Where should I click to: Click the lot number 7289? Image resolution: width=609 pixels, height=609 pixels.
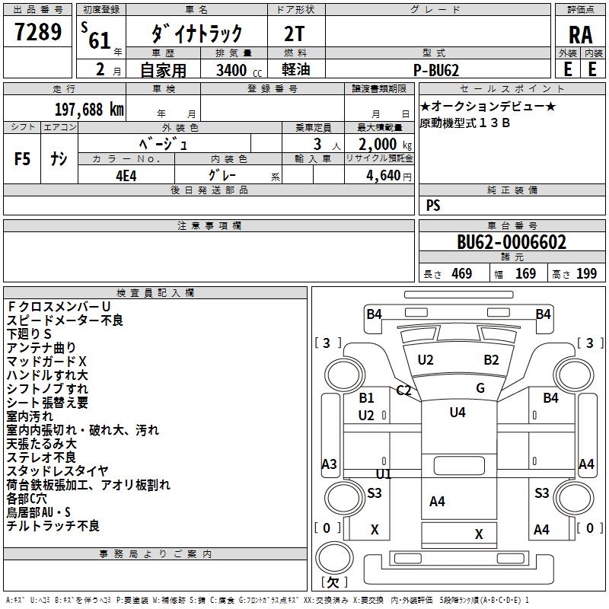[38, 33]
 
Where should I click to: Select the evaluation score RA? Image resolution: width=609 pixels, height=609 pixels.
[580, 34]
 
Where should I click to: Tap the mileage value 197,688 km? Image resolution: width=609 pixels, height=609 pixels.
[89, 109]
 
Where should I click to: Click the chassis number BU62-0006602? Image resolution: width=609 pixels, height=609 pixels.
[512, 242]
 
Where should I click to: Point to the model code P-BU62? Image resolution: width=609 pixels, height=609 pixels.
[438, 69]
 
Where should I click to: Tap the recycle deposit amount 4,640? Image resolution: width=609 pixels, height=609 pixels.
[389, 174]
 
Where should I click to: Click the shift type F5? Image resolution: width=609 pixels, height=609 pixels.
[23, 159]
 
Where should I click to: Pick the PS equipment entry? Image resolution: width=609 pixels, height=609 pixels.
[433, 206]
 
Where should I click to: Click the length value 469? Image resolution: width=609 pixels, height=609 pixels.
[461, 273]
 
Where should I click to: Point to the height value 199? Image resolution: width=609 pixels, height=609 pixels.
[586, 273]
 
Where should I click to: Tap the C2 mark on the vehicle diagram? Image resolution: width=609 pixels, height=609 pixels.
[404, 391]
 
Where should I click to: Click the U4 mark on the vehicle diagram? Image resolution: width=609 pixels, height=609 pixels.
[457, 412]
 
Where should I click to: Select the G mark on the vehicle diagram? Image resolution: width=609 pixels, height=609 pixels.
[480, 388]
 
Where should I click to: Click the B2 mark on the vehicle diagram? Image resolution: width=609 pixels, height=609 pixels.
[491, 359]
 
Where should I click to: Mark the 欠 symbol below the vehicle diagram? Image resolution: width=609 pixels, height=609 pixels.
[333, 582]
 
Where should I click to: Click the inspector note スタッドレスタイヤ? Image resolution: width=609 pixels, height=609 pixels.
[57, 471]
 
